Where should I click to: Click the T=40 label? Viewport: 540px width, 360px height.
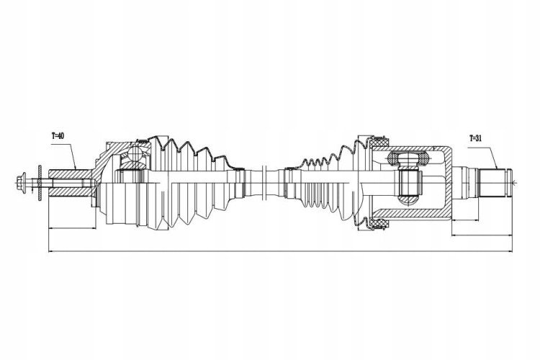[58, 136]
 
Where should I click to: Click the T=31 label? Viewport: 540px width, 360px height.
[476, 138]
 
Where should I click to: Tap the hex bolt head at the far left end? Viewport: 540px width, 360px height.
[20, 181]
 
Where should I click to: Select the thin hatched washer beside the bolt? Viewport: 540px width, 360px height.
[40, 183]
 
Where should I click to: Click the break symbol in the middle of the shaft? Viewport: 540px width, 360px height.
[264, 183]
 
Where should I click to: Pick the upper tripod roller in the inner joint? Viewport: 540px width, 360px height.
[408, 158]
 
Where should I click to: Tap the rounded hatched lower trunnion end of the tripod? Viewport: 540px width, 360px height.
[408, 199]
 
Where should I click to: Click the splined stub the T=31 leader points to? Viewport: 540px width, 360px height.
[493, 183]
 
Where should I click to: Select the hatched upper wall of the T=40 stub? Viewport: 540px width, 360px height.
[70, 174]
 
